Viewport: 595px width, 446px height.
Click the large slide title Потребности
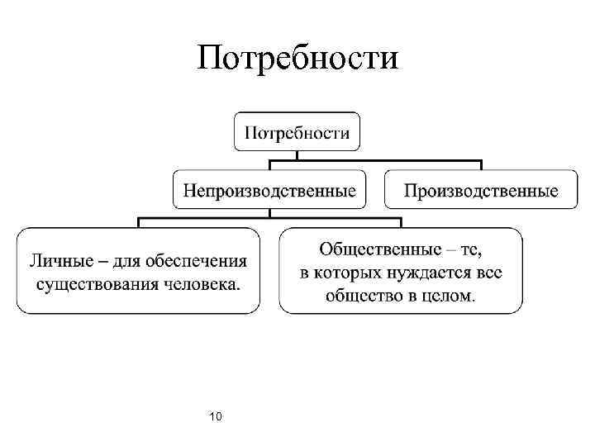tap(298, 58)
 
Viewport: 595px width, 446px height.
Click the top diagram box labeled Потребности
tap(296, 131)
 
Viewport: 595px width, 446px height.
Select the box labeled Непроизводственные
tap(270, 191)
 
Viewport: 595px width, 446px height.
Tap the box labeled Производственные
tap(481, 191)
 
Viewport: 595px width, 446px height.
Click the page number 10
tap(216, 415)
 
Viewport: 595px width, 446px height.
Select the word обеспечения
tap(195, 262)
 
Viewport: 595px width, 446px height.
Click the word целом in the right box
tap(450, 295)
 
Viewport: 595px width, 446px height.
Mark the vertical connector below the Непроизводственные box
tap(270, 213)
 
